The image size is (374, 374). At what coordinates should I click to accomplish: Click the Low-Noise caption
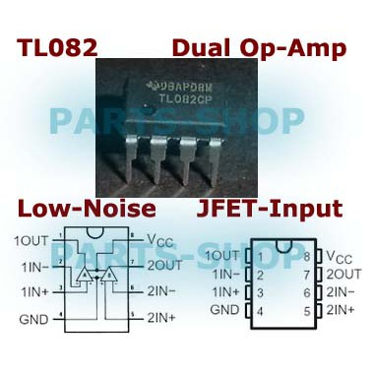pos(86,209)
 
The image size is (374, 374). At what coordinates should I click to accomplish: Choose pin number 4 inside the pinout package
pos(260,310)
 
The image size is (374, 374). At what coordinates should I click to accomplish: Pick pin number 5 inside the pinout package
pos(307,310)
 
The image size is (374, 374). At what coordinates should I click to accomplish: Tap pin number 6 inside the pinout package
pos(307,292)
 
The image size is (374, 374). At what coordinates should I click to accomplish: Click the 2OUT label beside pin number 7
pos(343,275)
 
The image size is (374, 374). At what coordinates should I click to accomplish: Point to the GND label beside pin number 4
pos(224,310)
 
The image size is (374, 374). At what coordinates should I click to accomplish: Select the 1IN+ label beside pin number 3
pos(224,292)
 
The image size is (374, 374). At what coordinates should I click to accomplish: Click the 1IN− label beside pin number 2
pos(224,275)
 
